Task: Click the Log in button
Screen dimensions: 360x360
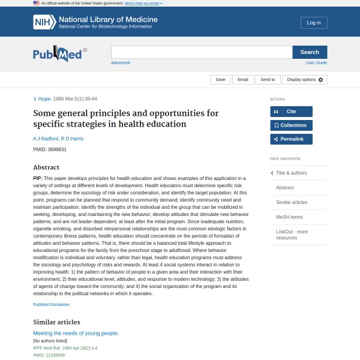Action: pos(314,23)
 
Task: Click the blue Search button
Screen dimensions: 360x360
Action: pos(310,52)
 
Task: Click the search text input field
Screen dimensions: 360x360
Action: pos(202,52)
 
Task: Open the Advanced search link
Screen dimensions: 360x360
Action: pos(120,62)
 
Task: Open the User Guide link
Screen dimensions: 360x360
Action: pos(316,62)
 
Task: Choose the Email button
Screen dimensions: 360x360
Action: pos(242,79)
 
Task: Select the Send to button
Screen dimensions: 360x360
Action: pos(268,79)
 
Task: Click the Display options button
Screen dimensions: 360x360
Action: pos(305,79)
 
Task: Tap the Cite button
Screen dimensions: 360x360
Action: pos(291,112)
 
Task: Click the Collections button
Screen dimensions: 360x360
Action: pos(291,125)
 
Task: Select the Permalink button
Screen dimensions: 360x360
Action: pos(291,139)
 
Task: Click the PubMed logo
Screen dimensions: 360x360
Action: pos(59,55)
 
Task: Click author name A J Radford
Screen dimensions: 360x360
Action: pos(46,139)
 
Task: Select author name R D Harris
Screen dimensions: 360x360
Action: pos(72,139)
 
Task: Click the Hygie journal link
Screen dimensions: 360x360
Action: pos(44,98)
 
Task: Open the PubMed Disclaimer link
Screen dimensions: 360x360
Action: pos(51,304)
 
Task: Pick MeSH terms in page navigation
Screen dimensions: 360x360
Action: pos(289,217)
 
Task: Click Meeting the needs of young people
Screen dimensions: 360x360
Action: pos(76,333)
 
